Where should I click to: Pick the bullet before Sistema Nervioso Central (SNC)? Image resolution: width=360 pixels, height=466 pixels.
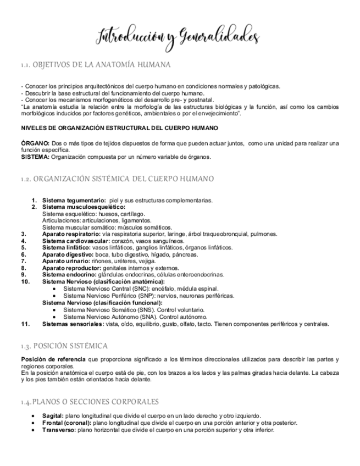(54, 289)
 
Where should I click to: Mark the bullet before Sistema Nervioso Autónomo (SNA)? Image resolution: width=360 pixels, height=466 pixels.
(54, 317)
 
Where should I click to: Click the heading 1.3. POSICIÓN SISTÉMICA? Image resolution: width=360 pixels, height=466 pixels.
(64, 346)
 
